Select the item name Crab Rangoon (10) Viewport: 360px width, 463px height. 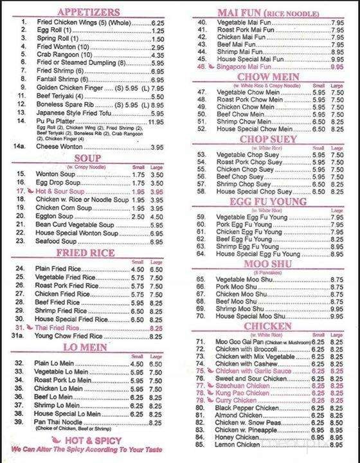coord(62,55)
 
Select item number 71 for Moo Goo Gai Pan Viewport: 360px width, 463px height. coord(200,341)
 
